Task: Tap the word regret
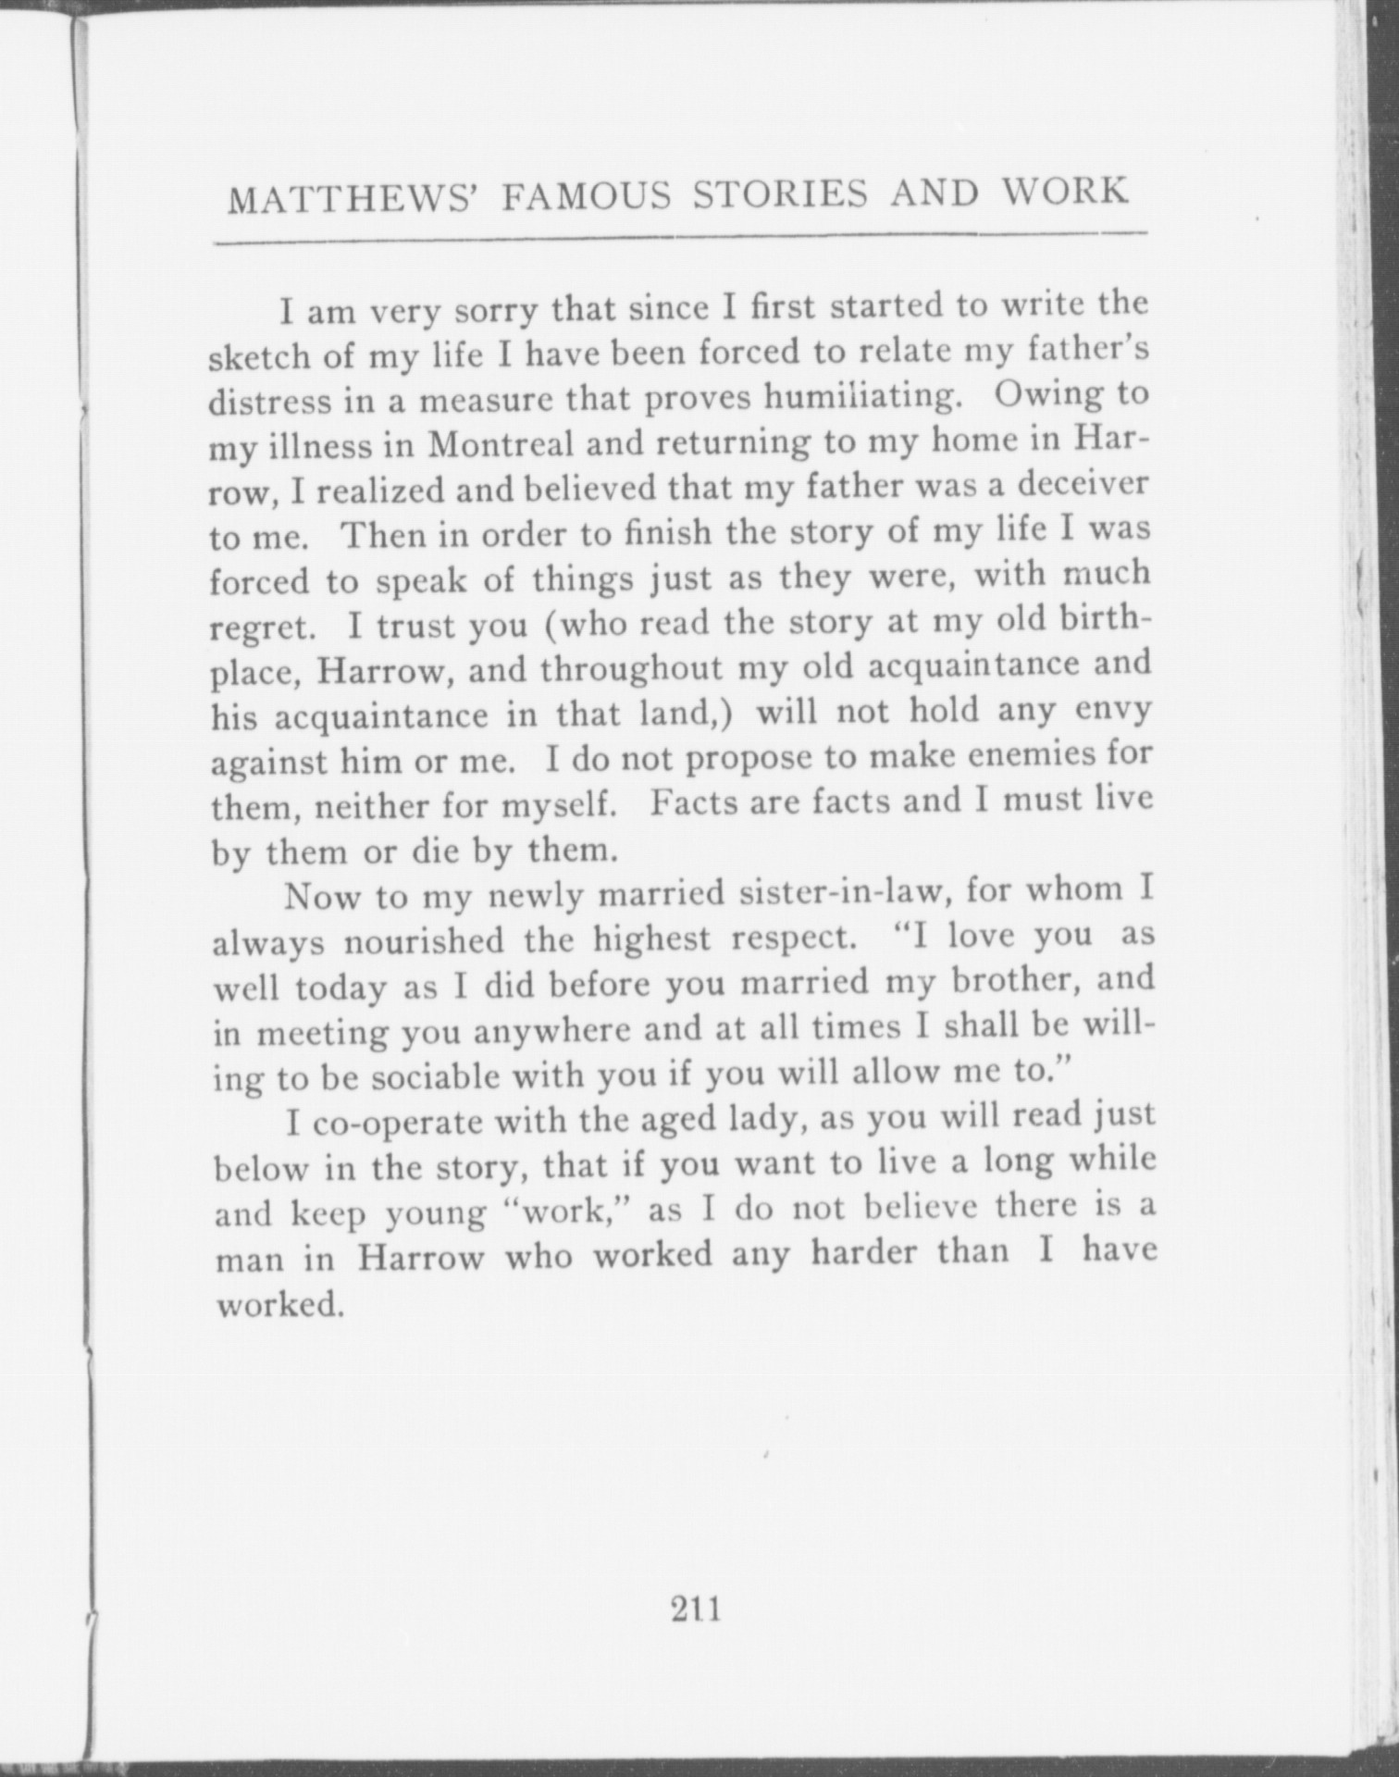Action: pos(263,628)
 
